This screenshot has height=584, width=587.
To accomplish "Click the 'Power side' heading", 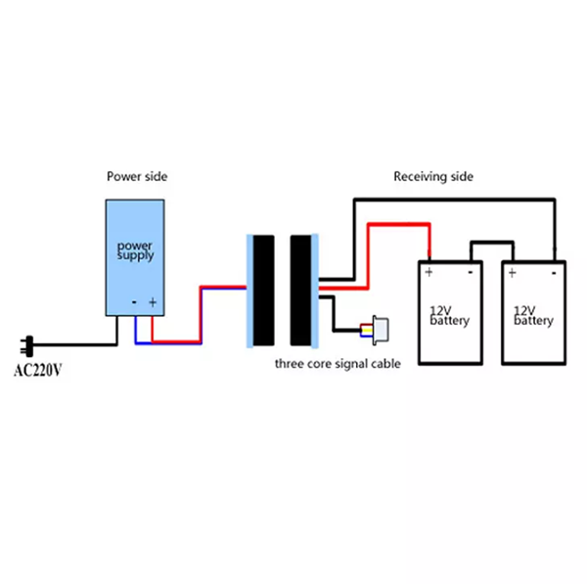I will [137, 176].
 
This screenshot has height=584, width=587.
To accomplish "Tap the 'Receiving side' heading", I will [433, 176].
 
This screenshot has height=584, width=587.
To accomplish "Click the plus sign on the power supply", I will [153, 303].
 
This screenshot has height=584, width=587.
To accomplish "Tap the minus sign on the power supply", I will [134, 303].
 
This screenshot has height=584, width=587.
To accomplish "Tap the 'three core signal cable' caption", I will [338, 365].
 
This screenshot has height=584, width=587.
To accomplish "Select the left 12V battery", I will [450, 313].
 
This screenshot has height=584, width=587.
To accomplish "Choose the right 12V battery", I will [534, 313].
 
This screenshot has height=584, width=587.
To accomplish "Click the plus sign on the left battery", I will [429, 271].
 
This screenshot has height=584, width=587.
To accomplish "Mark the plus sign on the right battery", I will [513, 271].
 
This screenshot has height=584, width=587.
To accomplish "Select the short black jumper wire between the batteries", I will [492, 242].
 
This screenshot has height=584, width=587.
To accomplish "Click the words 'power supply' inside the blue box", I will [136, 249].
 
